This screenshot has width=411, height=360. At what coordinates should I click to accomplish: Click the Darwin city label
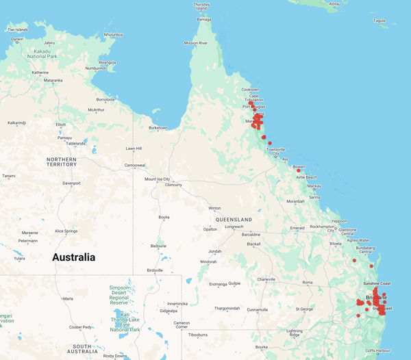17,39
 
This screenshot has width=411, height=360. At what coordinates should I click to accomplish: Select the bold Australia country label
74,258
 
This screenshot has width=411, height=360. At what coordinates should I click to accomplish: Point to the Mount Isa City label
157,179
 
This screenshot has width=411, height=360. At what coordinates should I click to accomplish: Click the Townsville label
276,149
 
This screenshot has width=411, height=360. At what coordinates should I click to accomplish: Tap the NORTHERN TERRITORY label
62,162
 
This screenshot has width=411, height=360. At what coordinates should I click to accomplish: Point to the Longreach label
234,227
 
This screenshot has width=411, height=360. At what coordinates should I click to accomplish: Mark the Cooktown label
250,90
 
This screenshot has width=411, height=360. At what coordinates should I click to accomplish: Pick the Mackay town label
314,186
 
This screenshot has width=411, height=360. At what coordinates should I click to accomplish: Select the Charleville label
266,279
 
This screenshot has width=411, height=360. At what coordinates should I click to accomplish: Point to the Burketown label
158,127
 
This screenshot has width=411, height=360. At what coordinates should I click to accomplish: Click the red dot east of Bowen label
299,170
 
